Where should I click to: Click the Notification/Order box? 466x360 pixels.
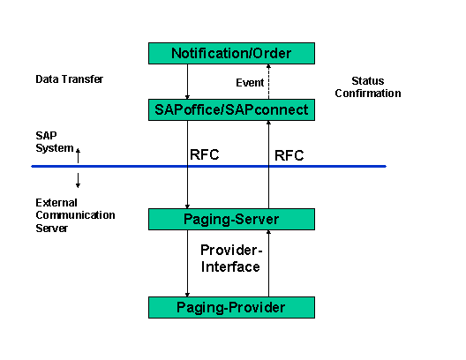231,53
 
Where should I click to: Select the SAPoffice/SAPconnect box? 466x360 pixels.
231,109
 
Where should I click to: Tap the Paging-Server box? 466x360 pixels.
231,219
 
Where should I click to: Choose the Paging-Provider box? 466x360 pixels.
231,307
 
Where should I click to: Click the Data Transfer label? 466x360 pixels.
69,79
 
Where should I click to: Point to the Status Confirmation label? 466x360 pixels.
369,86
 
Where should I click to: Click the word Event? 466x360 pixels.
250,83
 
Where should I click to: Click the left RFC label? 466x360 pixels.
204,155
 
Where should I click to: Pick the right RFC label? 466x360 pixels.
289,156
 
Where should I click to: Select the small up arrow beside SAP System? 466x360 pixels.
78,155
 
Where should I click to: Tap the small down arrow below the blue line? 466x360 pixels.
78,180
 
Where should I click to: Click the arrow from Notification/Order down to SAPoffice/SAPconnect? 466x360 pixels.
188,81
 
